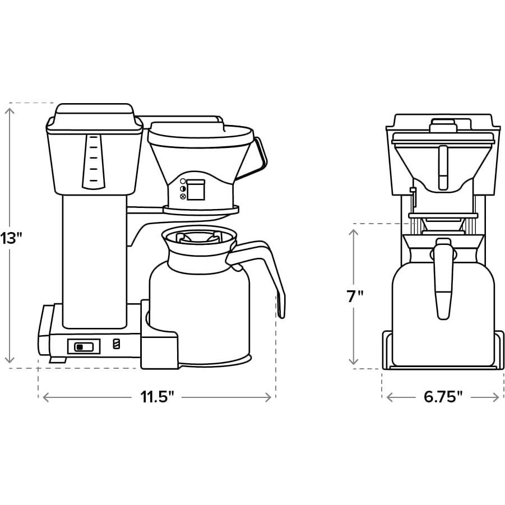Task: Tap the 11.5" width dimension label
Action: [x=157, y=397]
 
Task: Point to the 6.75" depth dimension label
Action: [x=443, y=397]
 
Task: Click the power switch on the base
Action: [x=84, y=346]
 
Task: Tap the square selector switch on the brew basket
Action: [x=196, y=189]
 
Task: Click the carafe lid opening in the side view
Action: [x=198, y=236]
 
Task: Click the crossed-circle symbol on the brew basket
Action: [x=183, y=197]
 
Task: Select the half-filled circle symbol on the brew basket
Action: [x=183, y=189]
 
